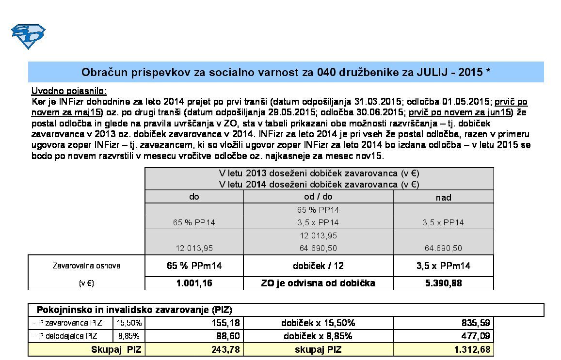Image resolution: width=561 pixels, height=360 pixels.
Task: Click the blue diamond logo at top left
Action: point(28,36)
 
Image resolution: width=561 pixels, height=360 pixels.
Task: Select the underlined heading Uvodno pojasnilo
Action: point(69,91)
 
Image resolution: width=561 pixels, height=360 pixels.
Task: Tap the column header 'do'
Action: point(194,197)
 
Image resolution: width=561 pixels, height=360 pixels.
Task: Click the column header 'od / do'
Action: point(318,197)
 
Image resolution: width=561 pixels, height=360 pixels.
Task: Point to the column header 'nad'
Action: point(443,197)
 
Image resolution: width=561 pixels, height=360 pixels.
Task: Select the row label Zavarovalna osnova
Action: point(86,266)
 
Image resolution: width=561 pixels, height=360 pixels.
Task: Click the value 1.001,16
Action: point(194,283)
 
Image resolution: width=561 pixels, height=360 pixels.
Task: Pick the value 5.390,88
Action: point(443,283)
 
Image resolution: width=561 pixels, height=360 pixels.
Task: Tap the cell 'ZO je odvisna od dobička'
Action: point(318,283)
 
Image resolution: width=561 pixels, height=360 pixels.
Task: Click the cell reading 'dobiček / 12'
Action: point(318,266)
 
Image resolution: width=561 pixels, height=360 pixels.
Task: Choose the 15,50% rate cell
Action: point(128,323)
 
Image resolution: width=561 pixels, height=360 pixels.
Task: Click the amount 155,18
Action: point(226,323)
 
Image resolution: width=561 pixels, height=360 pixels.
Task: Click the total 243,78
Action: point(226,349)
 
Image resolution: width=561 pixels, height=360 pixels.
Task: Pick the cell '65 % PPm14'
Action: point(194,266)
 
